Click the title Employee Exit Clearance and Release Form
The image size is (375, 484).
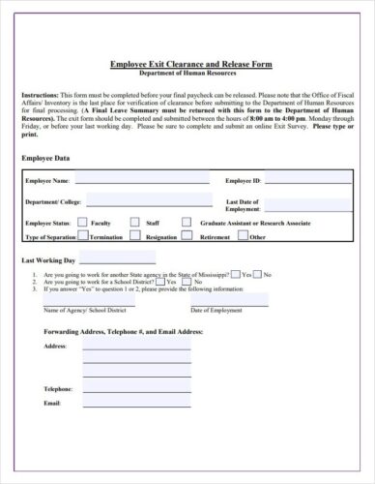click(190, 65)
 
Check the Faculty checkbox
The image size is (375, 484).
click(82, 222)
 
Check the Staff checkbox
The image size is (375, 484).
click(135, 222)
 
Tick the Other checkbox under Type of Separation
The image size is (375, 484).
click(243, 235)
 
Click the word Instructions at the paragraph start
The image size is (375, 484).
click(40, 95)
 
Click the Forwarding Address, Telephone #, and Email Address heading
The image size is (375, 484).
click(123, 331)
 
